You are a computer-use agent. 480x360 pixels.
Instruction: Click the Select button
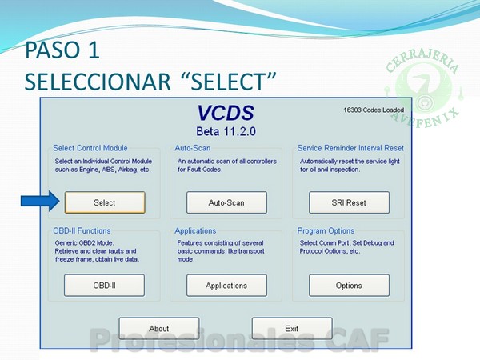click(105, 202)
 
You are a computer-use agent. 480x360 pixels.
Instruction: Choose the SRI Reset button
click(349, 202)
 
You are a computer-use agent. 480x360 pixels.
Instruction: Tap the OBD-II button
click(104, 286)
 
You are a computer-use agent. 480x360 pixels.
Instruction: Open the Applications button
click(226, 286)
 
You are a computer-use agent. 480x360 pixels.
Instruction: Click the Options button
click(349, 286)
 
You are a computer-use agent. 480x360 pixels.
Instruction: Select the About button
click(159, 328)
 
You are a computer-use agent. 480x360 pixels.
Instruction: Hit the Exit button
click(292, 328)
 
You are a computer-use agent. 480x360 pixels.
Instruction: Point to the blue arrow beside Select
click(40, 201)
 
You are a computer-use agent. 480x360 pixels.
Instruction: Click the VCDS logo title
click(226, 113)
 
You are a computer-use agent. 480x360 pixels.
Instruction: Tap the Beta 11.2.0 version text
click(226, 131)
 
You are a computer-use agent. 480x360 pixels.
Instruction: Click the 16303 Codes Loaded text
click(374, 110)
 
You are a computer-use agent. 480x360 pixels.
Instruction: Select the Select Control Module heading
click(90, 148)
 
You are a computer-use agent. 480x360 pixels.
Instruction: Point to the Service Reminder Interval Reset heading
click(350, 148)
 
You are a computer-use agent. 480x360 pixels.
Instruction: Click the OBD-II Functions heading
click(82, 230)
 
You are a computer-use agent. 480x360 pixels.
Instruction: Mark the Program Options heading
click(326, 230)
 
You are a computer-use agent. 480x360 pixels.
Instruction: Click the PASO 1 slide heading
click(62, 50)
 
